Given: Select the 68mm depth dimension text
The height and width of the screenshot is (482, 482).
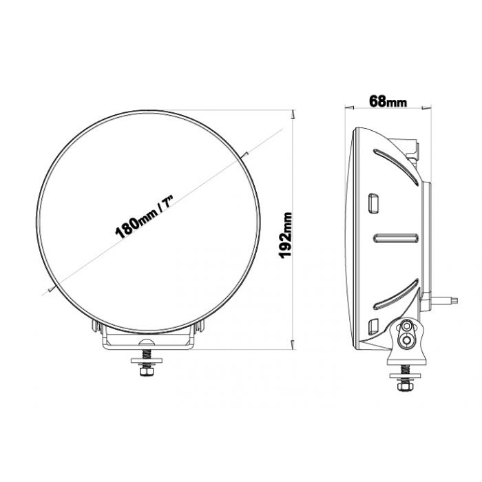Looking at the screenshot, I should coord(387,101).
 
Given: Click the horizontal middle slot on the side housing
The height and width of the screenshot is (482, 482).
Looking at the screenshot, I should coord(395,238).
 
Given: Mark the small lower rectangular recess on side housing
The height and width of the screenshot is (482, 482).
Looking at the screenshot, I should coord(375,327).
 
